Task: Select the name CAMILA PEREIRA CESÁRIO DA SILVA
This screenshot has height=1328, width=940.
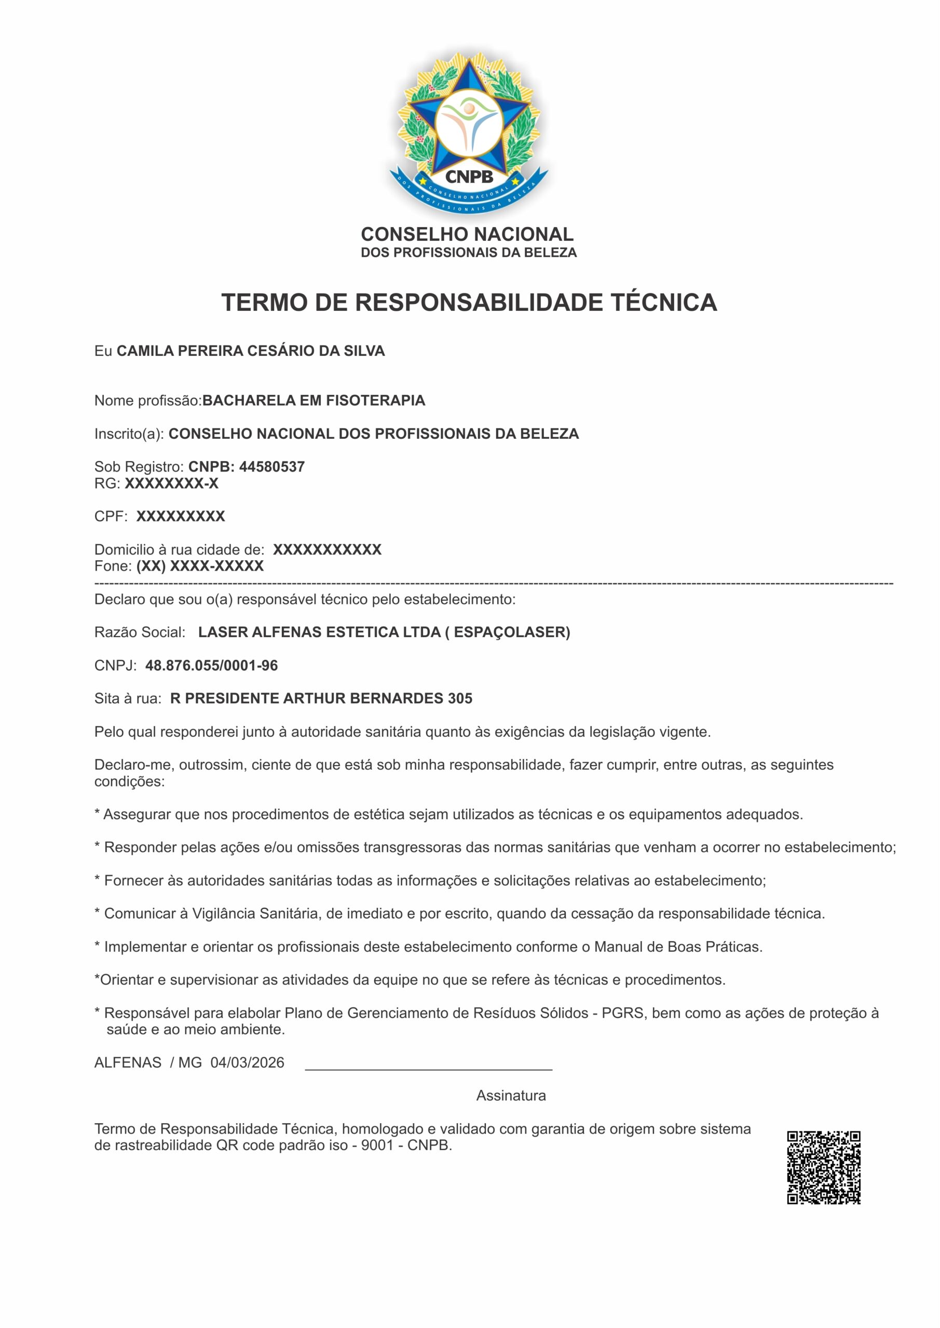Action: point(251,351)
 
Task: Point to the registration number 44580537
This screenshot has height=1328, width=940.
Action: point(272,467)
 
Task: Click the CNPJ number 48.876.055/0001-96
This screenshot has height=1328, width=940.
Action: point(211,666)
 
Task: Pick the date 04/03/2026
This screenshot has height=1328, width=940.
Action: point(247,1062)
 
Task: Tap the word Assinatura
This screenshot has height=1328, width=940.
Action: point(511,1096)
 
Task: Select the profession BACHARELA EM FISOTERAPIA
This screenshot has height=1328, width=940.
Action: point(314,400)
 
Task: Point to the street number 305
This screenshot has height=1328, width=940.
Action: point(459,699)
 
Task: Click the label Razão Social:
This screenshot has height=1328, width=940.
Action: point(140,632)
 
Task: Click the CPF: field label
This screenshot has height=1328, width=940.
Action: point(111,517)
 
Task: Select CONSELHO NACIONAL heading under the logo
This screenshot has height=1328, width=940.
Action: point(467,234)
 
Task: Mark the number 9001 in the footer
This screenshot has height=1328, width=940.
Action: point(377,1145)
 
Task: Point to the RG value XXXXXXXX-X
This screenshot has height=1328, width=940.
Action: point(172,483)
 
